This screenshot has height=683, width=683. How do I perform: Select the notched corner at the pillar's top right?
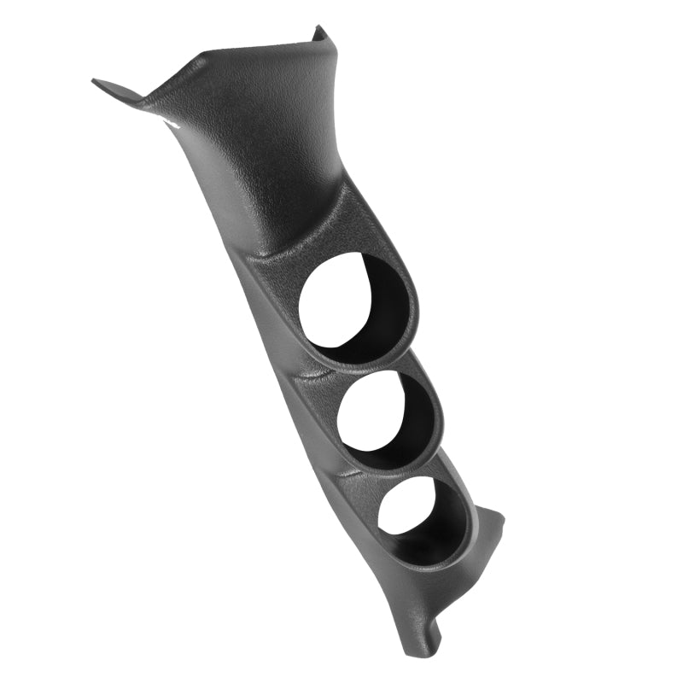pos(322,36)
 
